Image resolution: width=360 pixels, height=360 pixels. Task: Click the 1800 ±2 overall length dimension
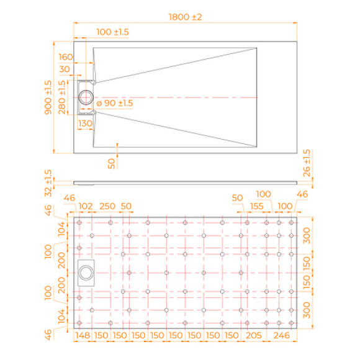tap(185, 17)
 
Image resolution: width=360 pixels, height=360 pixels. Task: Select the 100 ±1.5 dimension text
tap(112, 32)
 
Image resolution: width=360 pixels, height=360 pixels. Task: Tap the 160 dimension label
tap(66, 57)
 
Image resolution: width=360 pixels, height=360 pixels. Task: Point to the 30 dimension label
tap(65, 69)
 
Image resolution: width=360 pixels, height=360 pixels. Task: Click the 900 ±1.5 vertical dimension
tap(48, 97)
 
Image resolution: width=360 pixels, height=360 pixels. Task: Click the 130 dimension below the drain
tap(85, 124)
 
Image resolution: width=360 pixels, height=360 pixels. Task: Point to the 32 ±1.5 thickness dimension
tap(48, 180)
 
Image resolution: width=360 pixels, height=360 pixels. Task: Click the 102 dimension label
tap(85, 206)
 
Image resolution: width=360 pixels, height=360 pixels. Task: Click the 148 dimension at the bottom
tap(83, 336)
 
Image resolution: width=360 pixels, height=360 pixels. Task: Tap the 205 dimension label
tap(253, 336)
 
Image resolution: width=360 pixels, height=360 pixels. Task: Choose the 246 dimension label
tap(281, 336)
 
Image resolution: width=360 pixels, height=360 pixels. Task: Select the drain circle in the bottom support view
tap(85, 272)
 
